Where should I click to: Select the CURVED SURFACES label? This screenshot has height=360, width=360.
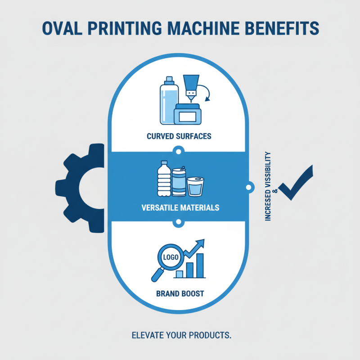(x=179, y=136)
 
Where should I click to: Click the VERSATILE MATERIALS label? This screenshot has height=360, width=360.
(x=180, y=208)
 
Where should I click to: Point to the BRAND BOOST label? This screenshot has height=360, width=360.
(x=180, y=293)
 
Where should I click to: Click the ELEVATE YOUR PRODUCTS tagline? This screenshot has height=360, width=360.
(x=181, y=336)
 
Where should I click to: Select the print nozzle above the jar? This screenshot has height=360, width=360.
(x=191, y=87)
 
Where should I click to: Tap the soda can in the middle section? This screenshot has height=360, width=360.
(x=179, y=183)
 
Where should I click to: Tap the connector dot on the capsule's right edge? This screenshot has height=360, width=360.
(x=247, y=186)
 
